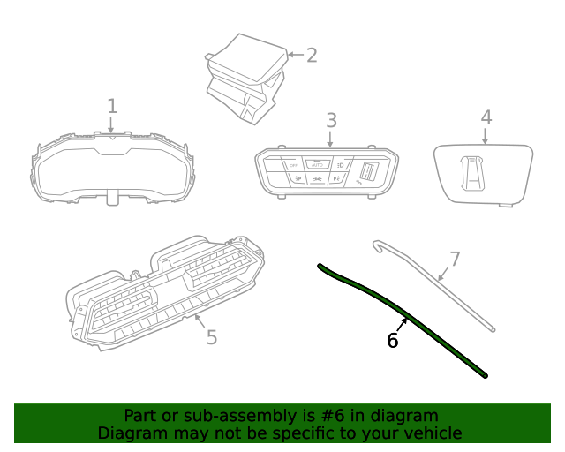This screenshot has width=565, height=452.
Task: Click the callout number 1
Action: [112, 107]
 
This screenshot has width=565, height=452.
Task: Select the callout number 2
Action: [311, 55]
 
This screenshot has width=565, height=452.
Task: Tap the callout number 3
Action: [331, 119]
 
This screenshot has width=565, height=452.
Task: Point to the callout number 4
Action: [486, 117]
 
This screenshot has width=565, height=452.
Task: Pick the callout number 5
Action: [211, 337]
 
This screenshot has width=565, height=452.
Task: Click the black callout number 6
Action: [393, 340]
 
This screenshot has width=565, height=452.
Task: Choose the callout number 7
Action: [455, 259]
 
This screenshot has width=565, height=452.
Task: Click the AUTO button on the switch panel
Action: [318, 164]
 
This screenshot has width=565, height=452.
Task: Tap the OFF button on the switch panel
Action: [293, 165]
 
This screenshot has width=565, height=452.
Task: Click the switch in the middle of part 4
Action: [475, 171]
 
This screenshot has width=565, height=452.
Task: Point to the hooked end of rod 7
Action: [377, 243]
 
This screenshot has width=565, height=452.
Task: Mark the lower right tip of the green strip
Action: [485, 375]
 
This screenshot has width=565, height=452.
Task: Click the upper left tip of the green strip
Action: [320, 265]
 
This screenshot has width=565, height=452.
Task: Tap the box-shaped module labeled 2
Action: [245, 75]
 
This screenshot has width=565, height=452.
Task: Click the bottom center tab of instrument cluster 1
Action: [112, 196]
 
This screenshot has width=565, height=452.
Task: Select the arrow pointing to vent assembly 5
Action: [199, 320]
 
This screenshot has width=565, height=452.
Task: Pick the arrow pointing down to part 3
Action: [331, 139]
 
